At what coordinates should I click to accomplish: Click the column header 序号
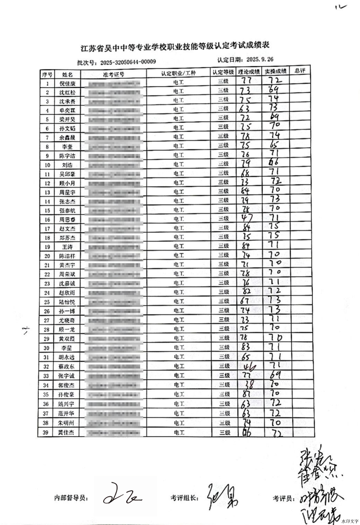point(47,75)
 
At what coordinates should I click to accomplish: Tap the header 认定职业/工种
point(179,73)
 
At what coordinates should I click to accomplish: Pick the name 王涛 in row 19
point(67,247)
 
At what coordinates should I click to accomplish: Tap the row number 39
point(46,432)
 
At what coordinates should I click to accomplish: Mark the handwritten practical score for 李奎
point(275,145)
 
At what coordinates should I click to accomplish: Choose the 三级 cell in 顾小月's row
point(223,182)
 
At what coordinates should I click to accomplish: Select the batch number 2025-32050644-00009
point(128,62)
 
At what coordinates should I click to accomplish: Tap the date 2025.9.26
point(259,59)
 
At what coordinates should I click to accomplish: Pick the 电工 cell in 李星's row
point(179,348)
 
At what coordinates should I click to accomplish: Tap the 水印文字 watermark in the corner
point(350,521)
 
